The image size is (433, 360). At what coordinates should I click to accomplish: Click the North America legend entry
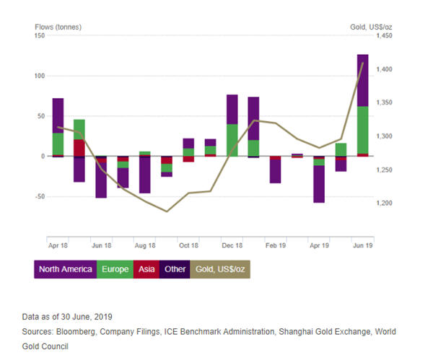pos(65,269)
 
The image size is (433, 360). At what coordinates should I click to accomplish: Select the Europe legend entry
pos(115,269)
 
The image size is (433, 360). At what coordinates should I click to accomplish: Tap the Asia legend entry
pos(148,269)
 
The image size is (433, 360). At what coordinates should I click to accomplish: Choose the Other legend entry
pos(173,269)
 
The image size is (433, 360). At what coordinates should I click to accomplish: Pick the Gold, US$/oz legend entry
pos(219,269)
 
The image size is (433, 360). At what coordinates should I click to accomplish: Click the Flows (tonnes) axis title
pos(58,27)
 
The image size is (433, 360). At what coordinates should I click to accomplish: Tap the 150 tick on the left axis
pos(40,36)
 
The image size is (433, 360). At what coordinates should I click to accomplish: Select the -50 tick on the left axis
pos(40,196)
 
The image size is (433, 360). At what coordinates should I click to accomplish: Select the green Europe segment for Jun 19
pos(362,130)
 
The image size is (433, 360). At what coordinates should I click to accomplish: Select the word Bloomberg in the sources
pos(87,331)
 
